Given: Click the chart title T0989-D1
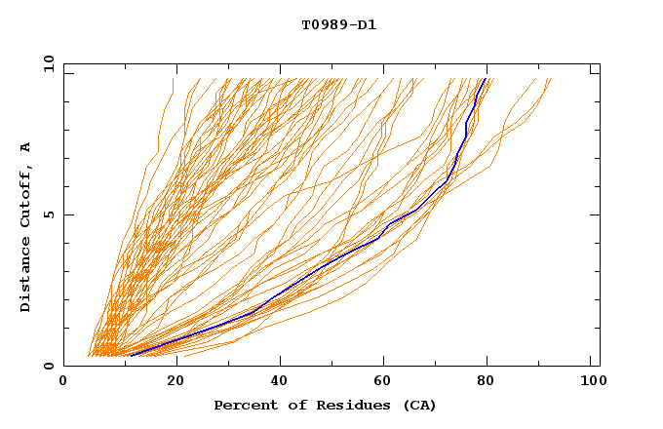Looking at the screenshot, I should click(338, 24).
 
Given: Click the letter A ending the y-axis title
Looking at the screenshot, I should click(26, 146).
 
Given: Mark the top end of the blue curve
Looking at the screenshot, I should click(486, 79).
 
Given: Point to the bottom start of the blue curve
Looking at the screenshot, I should click(131, 355).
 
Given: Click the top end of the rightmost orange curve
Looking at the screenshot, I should click(551, 79).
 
